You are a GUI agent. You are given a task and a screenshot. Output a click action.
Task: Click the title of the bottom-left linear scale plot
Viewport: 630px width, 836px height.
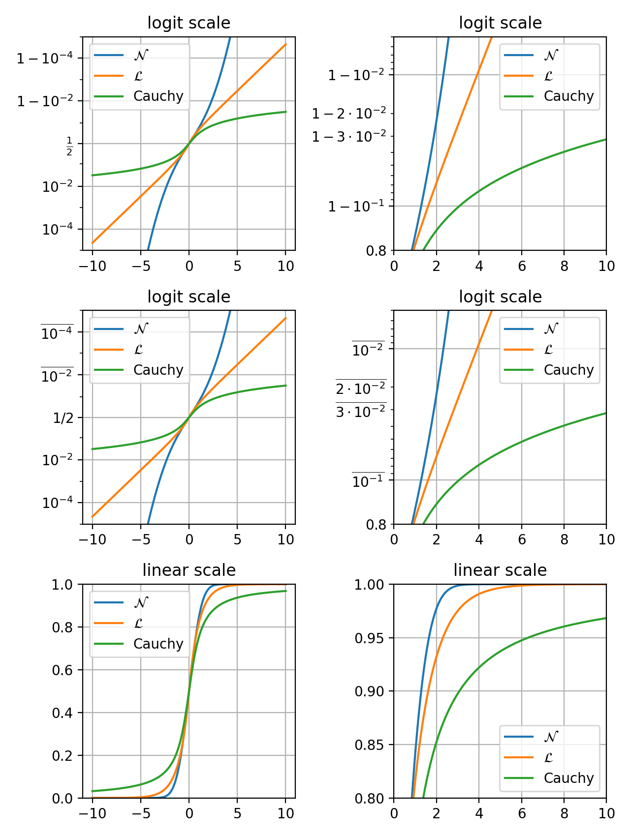pyautogui.click(x=189, y=570)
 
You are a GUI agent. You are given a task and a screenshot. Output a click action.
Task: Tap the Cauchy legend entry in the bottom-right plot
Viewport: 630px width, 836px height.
pyautogui.click(x=568, y=778)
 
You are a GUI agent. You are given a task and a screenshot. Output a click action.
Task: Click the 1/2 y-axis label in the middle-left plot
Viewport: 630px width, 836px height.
pyautogui.click(x=63, y=418)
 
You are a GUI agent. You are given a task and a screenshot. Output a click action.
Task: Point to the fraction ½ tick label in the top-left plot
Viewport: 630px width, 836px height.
pyautogui.click(x=69, y=147)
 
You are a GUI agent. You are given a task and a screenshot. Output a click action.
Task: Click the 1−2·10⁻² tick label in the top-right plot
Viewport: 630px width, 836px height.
pyautogui.click(x=349, y=114)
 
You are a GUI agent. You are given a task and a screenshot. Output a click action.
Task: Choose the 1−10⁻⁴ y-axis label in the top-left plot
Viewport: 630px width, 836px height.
pyautogui.click(x=45, y=59)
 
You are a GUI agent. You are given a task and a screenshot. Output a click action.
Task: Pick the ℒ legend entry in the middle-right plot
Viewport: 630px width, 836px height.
pyautogui.click(x=548, y=350)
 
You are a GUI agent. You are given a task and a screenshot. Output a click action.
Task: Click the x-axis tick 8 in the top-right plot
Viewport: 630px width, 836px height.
pyautogui.click(x=564, y=266)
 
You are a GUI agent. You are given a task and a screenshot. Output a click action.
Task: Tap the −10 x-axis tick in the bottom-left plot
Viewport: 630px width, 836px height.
pyautogui.click(x=92, y=813)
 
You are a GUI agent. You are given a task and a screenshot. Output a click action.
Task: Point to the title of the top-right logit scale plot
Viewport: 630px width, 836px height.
pyautogui.click(x=500, y=23)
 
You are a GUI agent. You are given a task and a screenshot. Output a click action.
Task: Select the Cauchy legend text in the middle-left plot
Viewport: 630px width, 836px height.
pyautogui.click(x=158, y=370)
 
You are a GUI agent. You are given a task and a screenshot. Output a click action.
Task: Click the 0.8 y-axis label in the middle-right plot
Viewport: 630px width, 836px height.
pyautogui.click(x=376, y=525)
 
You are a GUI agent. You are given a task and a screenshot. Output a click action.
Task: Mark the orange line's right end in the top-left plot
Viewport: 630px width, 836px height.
pyautogui.click(x=285, y=44)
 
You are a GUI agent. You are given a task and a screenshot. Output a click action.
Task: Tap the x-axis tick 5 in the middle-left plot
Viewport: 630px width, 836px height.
pyautogui.click(x=237, y=539)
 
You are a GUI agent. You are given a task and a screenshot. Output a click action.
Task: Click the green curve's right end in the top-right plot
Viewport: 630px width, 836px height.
pyautogui.click(x=605, y=140)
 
